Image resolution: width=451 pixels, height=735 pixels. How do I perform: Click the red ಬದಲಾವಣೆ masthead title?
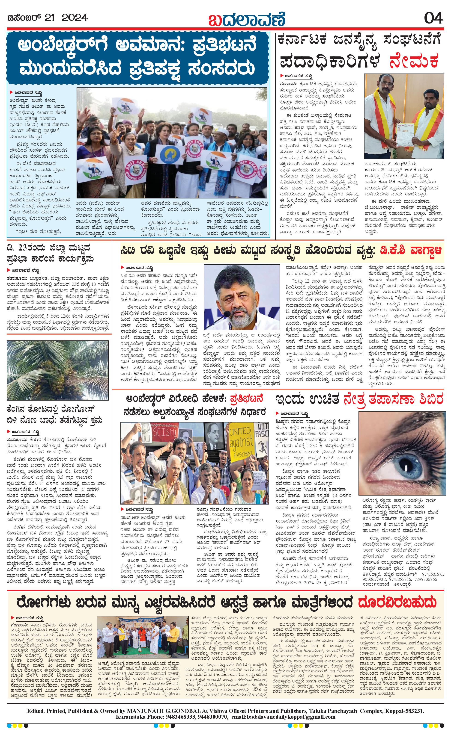(x=247, y=18)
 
